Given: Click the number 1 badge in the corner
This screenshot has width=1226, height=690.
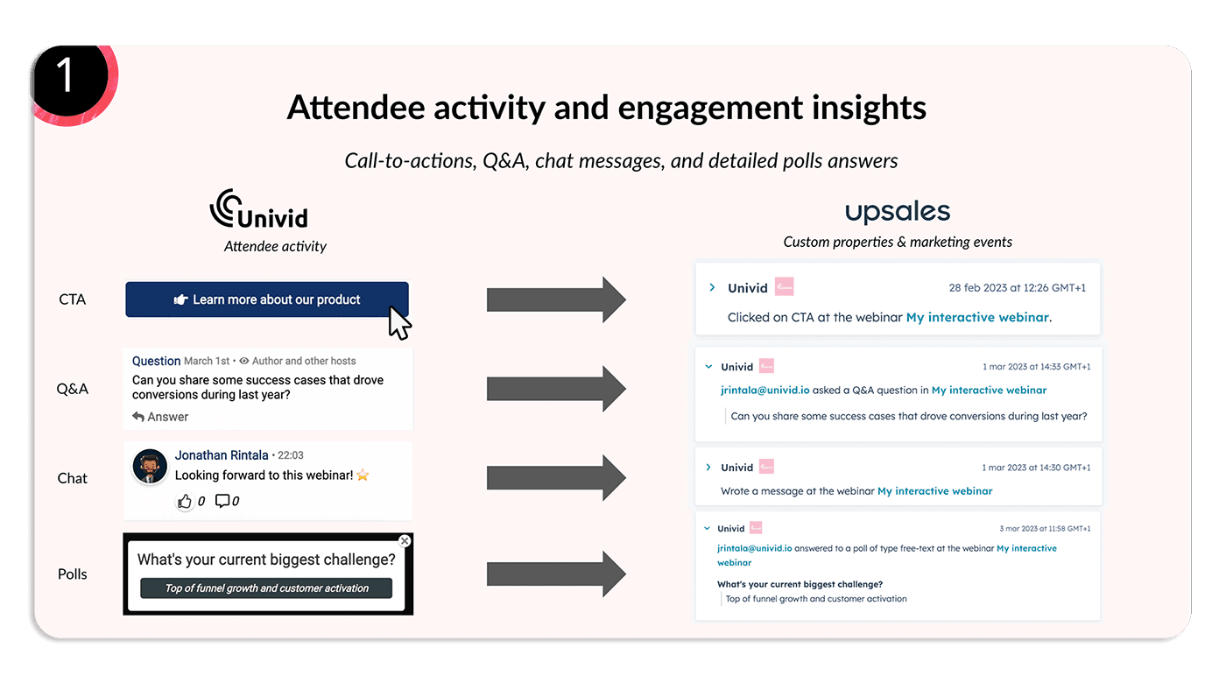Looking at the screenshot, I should point(65,77).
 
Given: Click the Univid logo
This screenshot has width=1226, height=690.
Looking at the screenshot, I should point(258,209).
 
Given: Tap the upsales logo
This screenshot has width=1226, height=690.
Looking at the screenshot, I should point(897,212).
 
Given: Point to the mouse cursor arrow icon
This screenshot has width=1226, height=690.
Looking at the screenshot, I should point(398,322).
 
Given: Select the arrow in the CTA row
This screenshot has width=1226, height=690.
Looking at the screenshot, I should point(556,300).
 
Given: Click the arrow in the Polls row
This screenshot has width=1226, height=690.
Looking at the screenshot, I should point(556,574).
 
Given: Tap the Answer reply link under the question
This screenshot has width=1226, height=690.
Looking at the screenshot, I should point(160,417).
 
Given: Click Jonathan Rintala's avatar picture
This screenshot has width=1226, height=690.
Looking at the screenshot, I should point(150,467).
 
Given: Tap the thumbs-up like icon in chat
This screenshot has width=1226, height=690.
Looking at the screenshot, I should point(185,501).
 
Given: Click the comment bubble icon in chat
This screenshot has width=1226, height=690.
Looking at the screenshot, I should point(222,501).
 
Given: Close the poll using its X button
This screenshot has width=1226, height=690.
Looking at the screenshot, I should point(404,541).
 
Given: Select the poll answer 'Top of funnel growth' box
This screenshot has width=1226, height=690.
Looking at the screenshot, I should point(266,588).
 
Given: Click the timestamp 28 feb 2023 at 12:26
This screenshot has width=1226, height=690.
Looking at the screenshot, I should point(1017,288).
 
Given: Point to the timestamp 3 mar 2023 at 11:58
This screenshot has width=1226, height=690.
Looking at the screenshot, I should point(1045,529).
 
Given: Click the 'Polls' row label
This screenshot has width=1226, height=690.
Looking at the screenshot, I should point(73,574).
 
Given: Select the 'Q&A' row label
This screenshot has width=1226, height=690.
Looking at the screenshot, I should point(73,389).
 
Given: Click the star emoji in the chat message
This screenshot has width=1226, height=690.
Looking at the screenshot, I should point(363,475).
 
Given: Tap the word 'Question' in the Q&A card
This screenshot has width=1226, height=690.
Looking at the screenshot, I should point(156,361).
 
